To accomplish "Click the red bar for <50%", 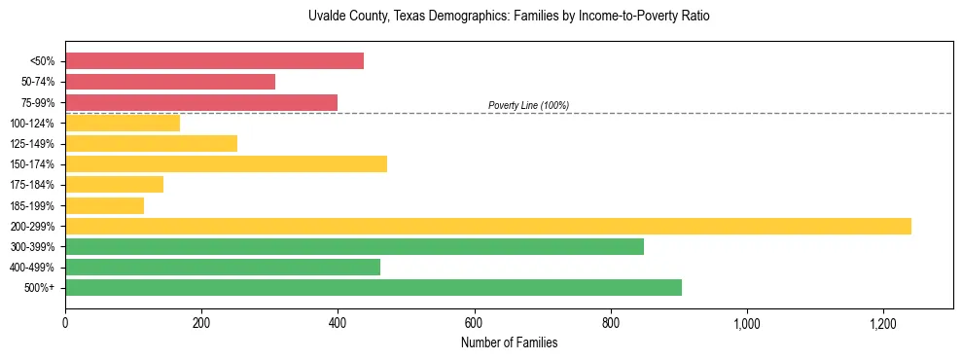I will point(214,61).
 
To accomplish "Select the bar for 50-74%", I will point(170,82).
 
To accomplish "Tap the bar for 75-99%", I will point(201,102).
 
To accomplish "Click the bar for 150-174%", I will point(226,163).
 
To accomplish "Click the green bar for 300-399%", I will point(354,246).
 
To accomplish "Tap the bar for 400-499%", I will point(223,267).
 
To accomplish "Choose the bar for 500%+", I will point(374,287).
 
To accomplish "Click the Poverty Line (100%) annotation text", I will point(528,105).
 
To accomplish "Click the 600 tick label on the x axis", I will point(474,322).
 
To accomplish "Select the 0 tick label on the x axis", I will point(65,322).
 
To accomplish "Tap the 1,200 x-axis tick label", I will point(883,322).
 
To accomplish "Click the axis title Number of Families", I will point(509,342).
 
